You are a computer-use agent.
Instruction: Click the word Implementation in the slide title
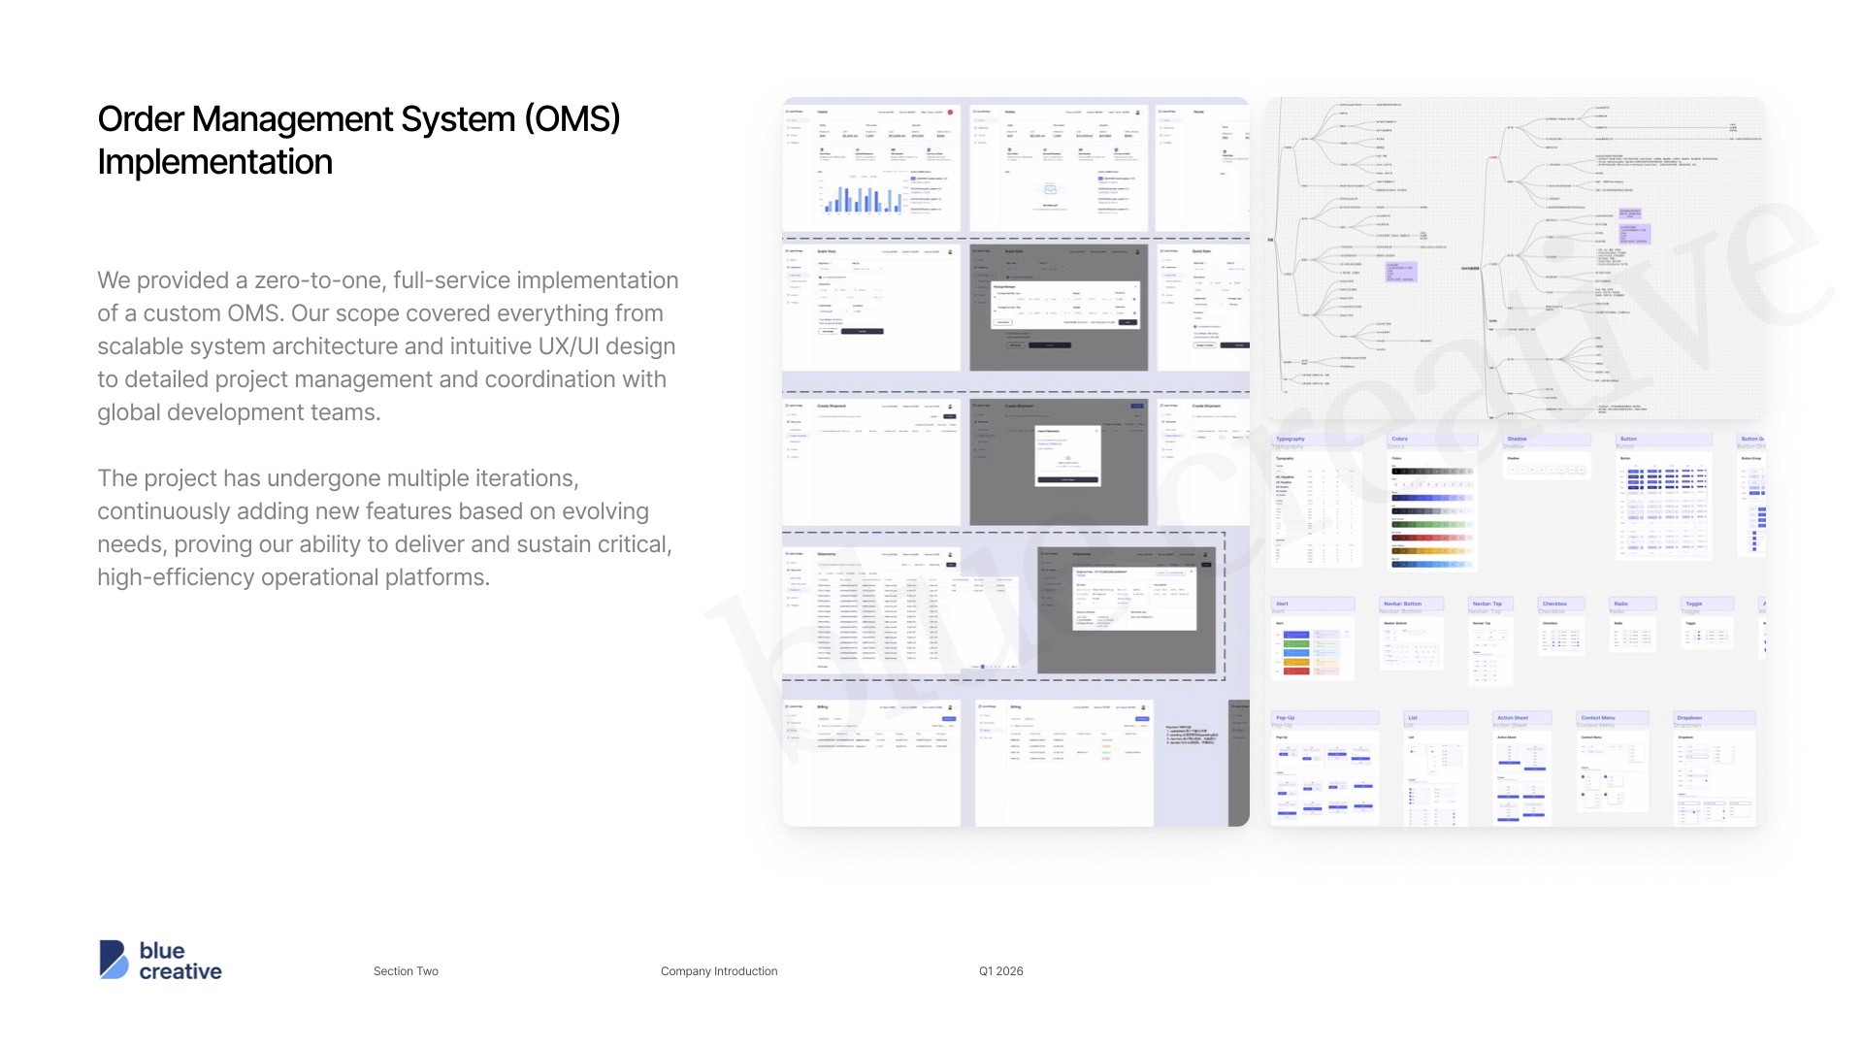pos(214,162)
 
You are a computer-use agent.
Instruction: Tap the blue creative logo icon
pos(114,960)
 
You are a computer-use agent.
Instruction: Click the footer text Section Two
pos(406,971)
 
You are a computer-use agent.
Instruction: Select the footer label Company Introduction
pos(719,971)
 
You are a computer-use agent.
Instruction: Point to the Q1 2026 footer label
pos(1000,971)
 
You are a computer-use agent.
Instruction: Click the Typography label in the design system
pos(1290,439)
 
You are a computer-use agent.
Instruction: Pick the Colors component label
pos(1399,439)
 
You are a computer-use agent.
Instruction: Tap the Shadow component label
pos(1517,439)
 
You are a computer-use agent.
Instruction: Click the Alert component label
pos(1282,604)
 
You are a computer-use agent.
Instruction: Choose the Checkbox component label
pos(1554,604)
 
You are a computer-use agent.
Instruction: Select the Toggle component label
pos(1693,604)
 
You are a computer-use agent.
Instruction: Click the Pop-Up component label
pos(1285,718)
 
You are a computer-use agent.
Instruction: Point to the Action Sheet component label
pos(1512,718)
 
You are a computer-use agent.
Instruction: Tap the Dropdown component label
pos(1688,718)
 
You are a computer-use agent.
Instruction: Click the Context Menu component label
pos(1597,718)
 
